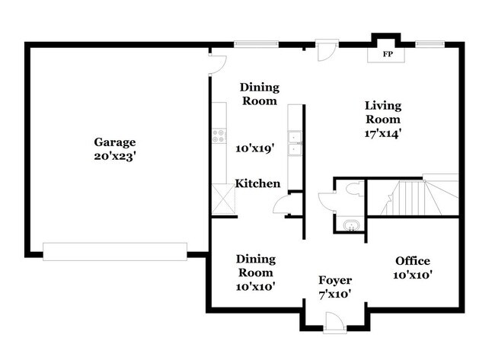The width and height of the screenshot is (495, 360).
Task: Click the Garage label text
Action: [x=115, y=142]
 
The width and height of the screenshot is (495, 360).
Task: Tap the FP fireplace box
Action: [x=387, y=55]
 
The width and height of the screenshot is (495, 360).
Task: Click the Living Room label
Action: [x=382, y=113]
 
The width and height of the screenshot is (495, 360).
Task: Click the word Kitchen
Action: [x=257, y=183]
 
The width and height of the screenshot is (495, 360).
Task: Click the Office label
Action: [x=412, y=261]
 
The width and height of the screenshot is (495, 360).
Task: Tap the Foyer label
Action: [x=335, y=279]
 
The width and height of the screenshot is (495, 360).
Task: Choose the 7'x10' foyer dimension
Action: [x=335, y=293]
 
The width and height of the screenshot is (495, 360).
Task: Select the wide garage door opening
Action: [x=115, y=251]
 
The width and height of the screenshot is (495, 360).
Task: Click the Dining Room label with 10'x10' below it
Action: [x=255, y=266]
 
